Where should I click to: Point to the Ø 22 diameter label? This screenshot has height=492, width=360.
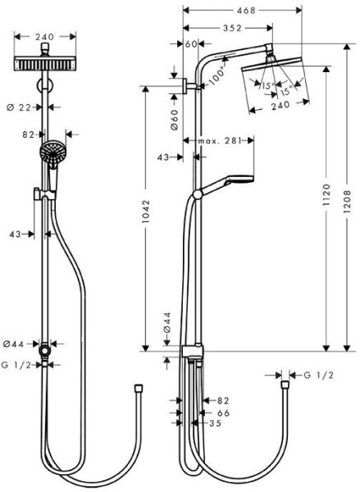pyautogui.click(x=24, y=107)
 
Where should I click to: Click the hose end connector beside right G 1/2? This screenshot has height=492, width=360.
pyautogui.click(x=285, y=381)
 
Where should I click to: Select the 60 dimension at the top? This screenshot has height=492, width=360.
pyautogui.click(x=192, y=43)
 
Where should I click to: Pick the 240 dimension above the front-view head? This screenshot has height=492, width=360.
pyautogui.click(x=46, y=36)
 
